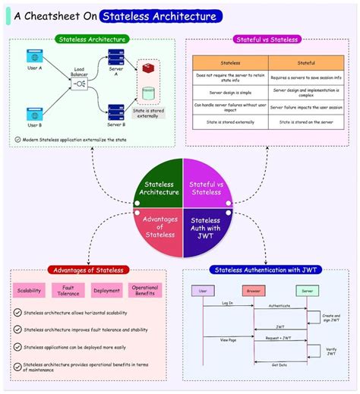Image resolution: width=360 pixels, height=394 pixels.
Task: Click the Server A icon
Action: coord(115,57)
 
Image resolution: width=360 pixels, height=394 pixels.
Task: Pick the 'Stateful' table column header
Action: coord(305,64)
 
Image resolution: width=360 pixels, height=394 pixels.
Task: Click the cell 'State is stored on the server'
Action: coord(305,121)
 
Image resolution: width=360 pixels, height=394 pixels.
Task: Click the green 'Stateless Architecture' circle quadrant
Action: coord(158,187)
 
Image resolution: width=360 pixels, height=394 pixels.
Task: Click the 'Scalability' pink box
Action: coord(30,290)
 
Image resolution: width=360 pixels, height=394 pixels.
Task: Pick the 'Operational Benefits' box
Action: coord(144,290)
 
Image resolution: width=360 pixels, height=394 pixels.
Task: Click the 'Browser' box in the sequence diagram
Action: coord(254,290)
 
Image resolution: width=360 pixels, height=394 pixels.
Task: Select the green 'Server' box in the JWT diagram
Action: coord(308,290)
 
